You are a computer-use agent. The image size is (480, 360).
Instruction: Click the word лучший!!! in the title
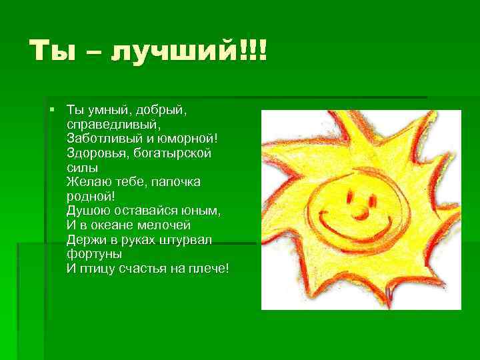(x=189, y=51)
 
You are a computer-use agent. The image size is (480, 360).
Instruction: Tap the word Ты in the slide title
(x=49, y=51)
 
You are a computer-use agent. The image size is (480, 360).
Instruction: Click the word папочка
(x=177, y=181)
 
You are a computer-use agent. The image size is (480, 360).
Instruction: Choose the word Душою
(x=87, y=210)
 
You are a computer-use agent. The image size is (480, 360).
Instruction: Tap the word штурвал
(x=187, y=239)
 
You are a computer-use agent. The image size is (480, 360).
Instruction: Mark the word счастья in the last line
(x=142, y=268)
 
